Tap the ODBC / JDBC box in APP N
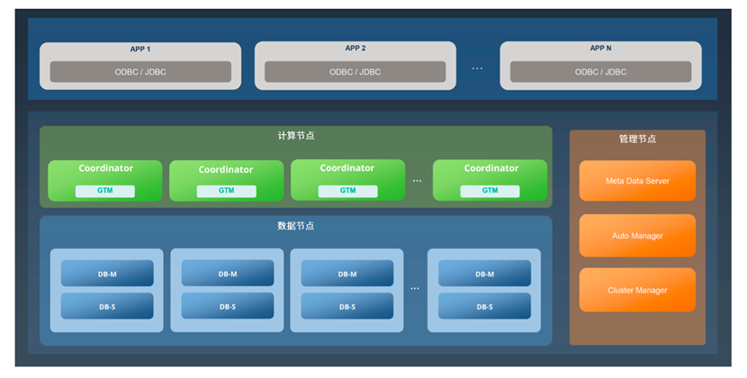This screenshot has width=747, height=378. [x=600, y=72]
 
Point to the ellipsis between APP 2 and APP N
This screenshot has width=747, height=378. [x=477, y=68]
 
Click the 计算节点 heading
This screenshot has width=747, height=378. [x=296, y=136]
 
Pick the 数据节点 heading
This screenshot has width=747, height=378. [x=296, y=226]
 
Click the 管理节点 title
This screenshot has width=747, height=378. [x=637, y=139]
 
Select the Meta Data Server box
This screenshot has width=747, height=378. [x=637, y=181]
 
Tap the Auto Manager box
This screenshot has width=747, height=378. [x=637, y=236]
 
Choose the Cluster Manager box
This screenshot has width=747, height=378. [x=637, y=290]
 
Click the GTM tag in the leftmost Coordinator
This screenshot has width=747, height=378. [x=105, y=191]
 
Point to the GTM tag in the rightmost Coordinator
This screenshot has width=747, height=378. [x=490, y=191]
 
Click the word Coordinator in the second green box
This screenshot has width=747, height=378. [x=226, y=169]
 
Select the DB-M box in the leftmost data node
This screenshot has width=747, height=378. [x=107, y=274]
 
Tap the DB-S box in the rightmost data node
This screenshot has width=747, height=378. [x=484, y=307]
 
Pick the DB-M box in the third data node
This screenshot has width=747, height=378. [x=347, y=274]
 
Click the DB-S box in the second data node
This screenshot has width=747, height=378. [x=228, y=307]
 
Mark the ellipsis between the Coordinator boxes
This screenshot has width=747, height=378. [x=418, y=181]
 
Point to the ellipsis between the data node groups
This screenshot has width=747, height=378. [x=415, y=289]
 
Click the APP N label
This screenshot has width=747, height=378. [x=600, y=49]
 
